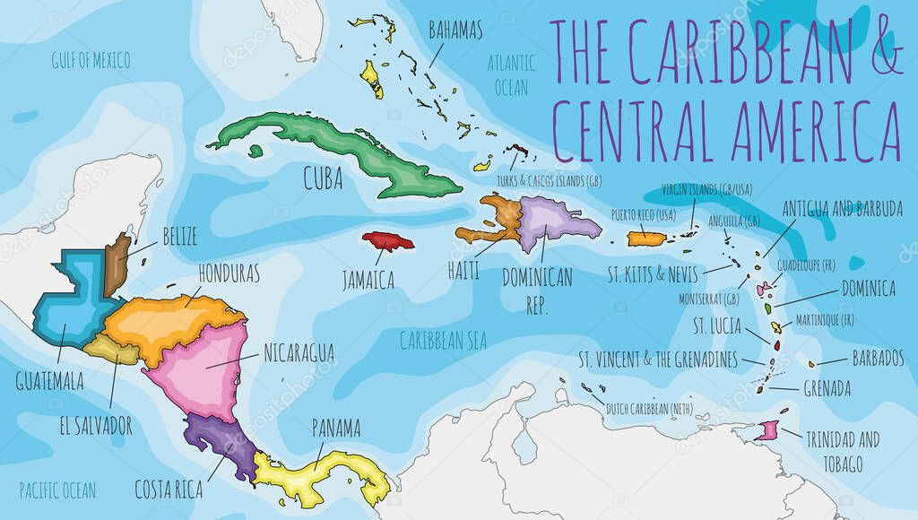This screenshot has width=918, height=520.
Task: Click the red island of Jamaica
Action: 386,242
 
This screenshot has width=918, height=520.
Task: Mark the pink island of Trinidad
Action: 768,431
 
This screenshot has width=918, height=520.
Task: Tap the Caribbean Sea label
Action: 443,340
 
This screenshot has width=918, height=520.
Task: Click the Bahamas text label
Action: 455,31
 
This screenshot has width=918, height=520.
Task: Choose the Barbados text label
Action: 878,359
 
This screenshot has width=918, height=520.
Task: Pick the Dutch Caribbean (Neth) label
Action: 649,409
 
